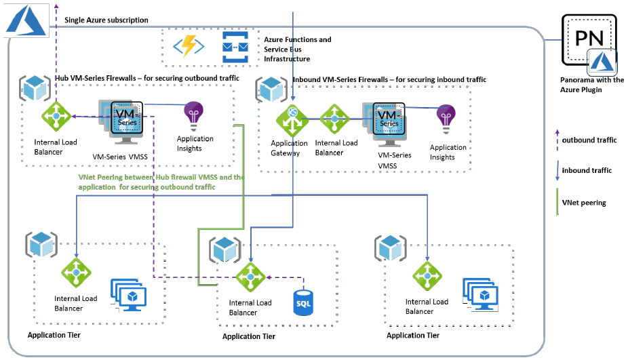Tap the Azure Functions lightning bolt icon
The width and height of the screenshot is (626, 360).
tap(188, 46)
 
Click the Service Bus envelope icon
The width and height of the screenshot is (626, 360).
tap(236, 46)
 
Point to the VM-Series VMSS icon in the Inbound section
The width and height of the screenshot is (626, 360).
tap(387, 123)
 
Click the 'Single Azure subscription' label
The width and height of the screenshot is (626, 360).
tap(106, 20)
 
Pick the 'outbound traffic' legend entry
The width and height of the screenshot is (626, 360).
tap(589, 140)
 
